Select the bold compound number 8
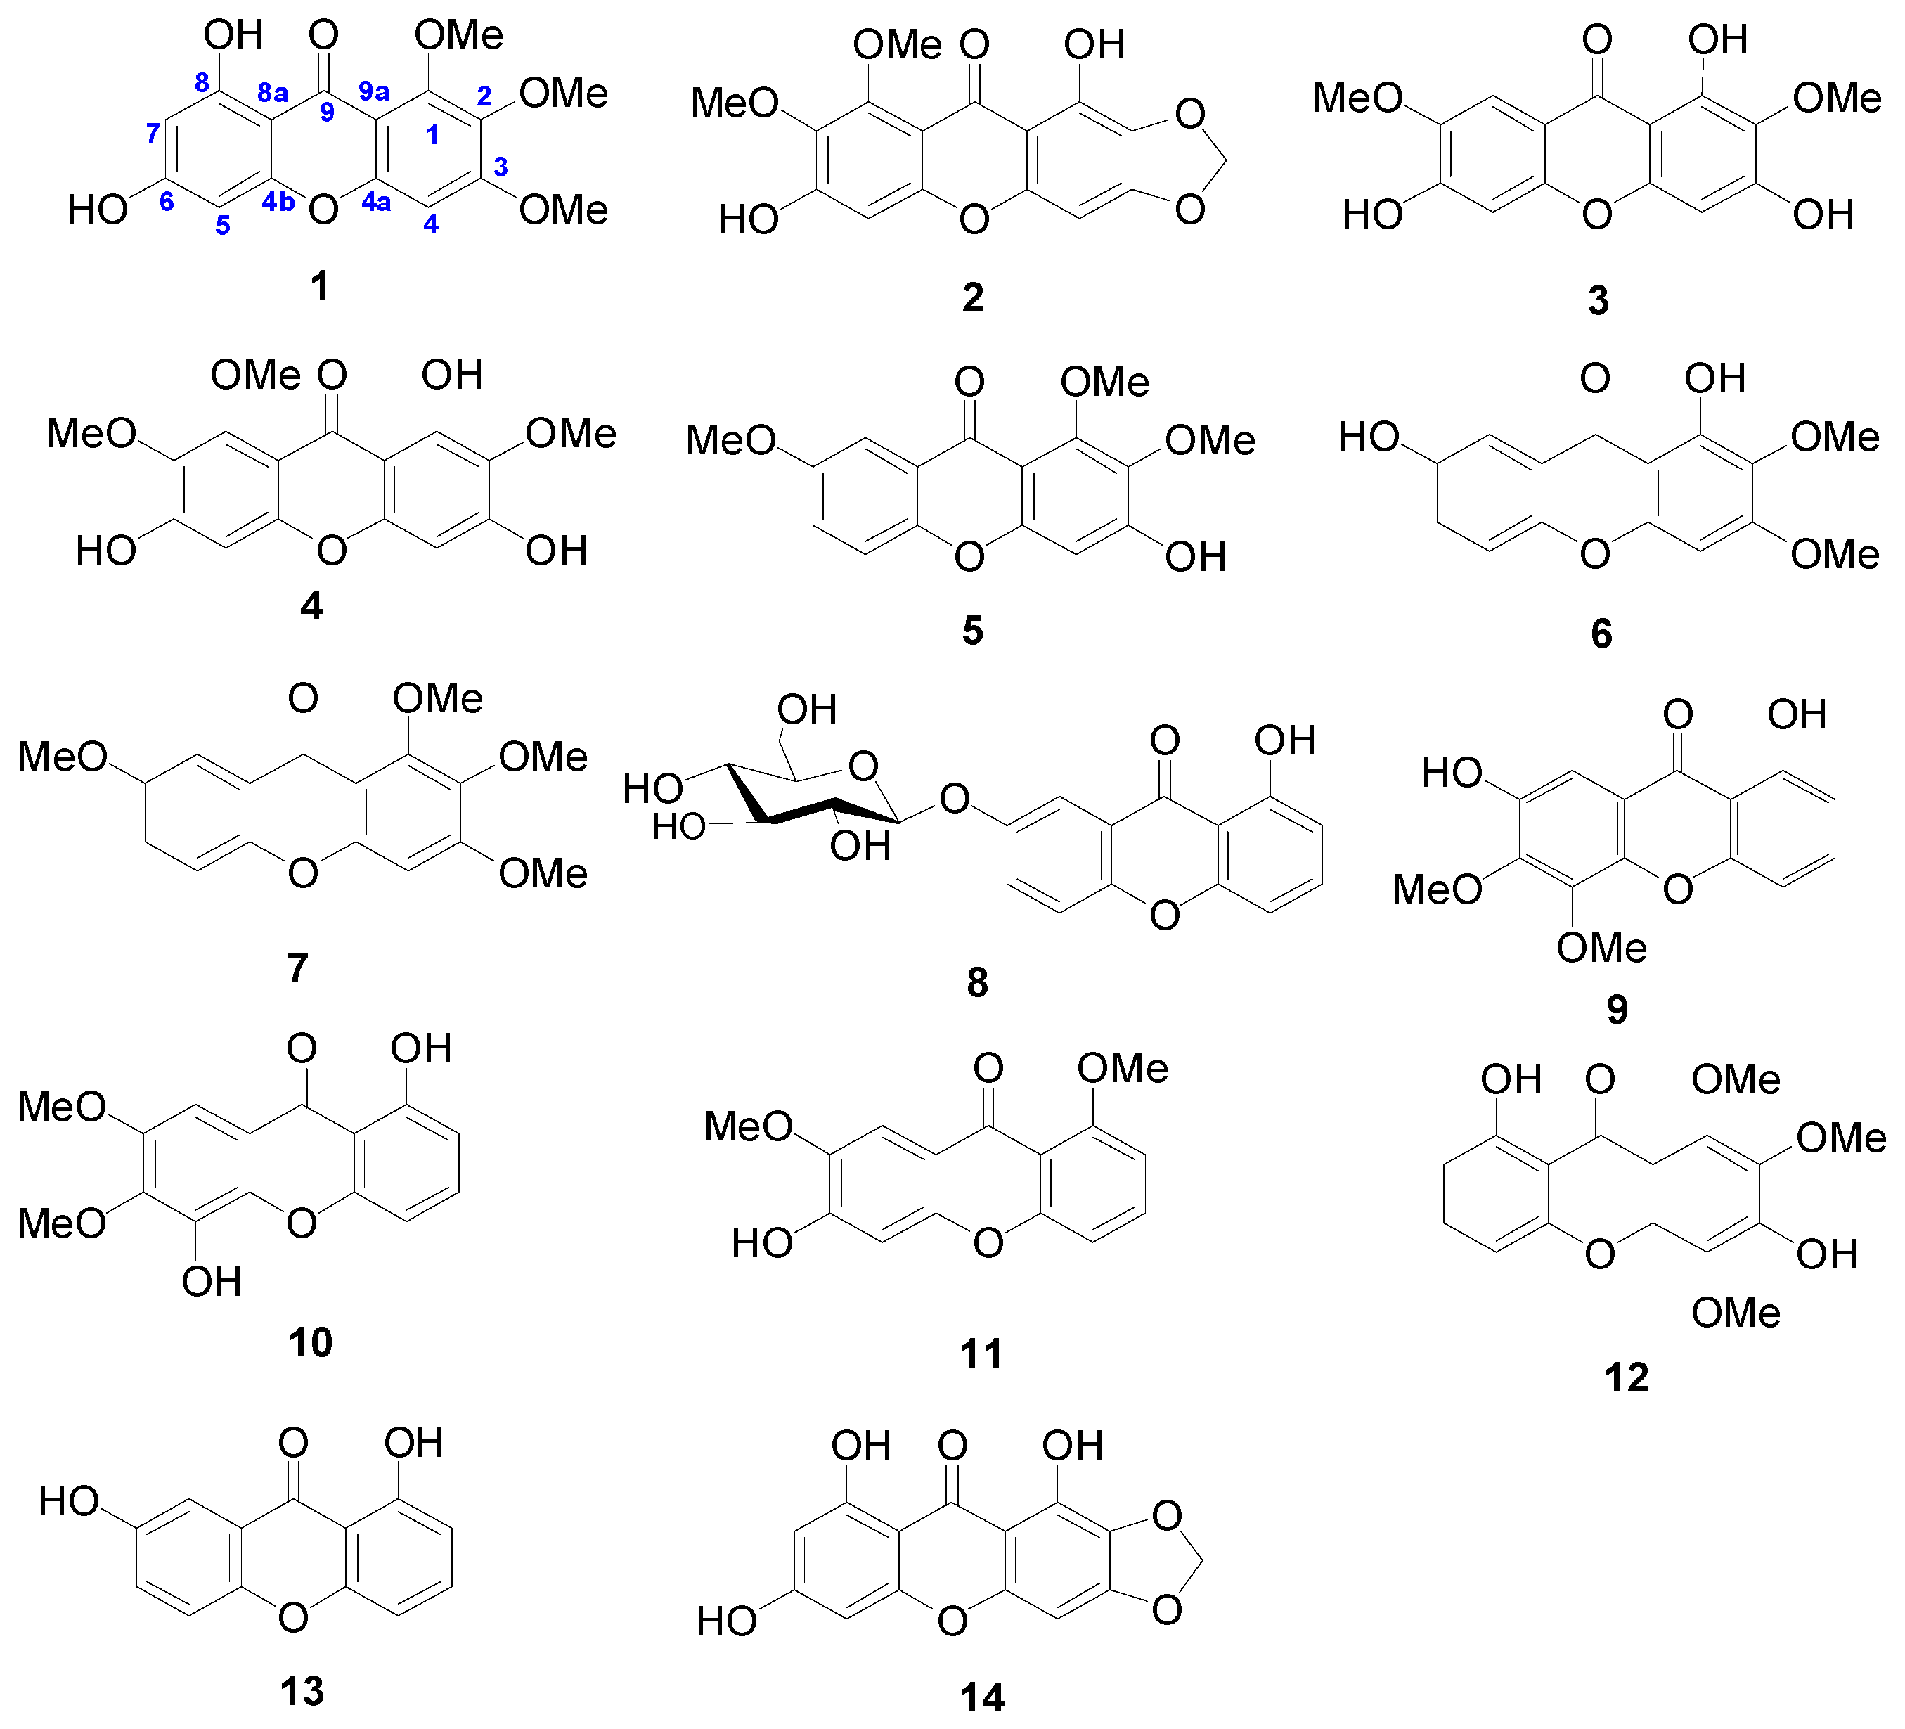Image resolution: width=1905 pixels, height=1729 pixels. [x=977, y=983]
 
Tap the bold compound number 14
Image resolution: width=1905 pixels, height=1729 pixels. [x=982, y=1698]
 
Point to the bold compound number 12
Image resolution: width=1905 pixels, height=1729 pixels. [x=1626, y=1378]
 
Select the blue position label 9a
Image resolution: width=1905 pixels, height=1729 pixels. [x=374, y=91]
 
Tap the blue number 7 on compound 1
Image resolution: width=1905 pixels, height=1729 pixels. [x=153, y=134]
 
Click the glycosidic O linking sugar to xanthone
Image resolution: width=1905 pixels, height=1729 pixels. [x=955, y=799]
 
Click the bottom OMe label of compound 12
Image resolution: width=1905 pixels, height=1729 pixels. [x=1736, y=1313]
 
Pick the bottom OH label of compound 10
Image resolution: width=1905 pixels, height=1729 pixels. [x=212, y=1283]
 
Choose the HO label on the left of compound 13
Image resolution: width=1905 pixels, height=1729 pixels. [x=69, y=1501]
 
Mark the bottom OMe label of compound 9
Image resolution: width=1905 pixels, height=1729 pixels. [x=1601, y=948]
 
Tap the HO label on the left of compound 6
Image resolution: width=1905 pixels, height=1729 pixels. [x=1369, y=437]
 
